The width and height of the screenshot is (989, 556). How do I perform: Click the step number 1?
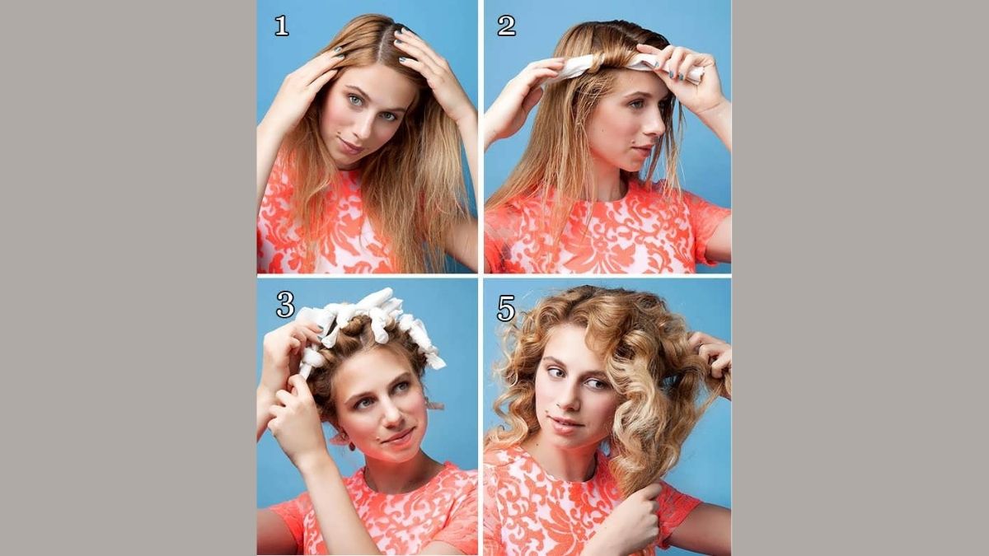pos(282,26)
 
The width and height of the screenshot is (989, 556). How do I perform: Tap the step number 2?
pos(506,26)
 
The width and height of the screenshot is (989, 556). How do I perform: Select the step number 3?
pos(285,305)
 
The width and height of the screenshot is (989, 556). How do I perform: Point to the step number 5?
pos(506,308)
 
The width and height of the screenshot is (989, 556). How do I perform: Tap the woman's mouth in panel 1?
pos(351,146)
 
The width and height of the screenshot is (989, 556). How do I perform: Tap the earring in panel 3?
pos(352,446)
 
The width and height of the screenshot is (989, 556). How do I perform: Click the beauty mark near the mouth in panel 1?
pos(337,132)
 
